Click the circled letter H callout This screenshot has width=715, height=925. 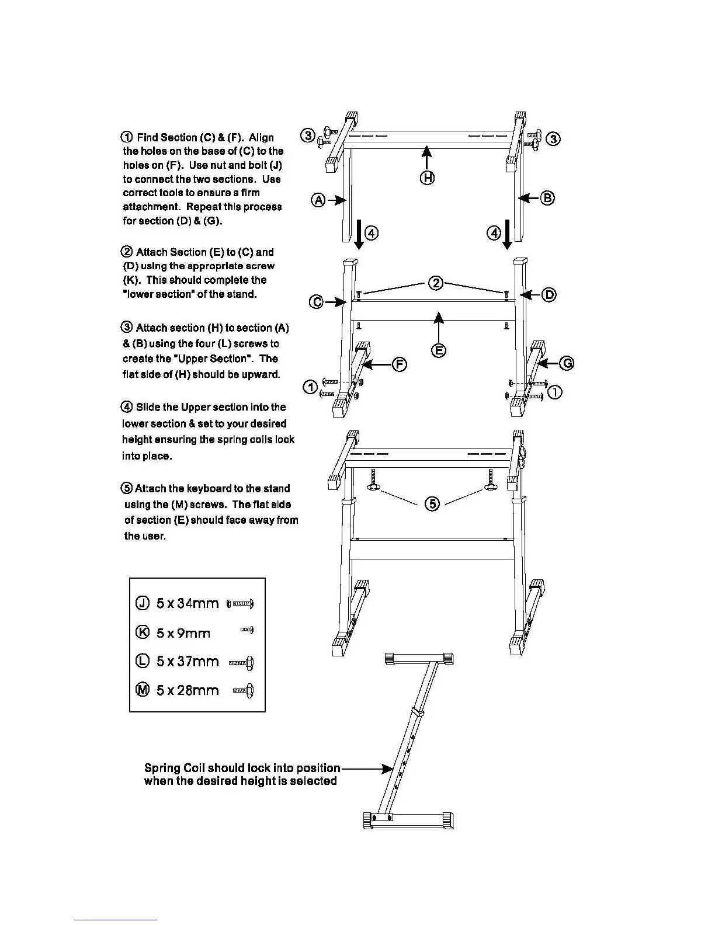(428, 178)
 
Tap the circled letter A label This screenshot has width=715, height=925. (318, 200)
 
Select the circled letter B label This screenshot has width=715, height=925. (547, 198)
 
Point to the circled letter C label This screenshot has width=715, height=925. (316, 302)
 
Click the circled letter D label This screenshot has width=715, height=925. (549, 295)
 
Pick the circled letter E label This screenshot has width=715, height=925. (439, 350)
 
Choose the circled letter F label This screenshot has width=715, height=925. (400, 364)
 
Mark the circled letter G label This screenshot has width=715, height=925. (567, 364)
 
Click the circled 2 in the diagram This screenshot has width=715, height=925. (436, 283)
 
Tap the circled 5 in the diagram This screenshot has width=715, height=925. (432, 503)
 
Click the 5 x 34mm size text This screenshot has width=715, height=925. (188, 603)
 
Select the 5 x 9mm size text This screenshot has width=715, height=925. (183, 633)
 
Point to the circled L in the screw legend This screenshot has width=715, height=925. (143, 662)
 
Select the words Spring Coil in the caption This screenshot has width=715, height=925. (174, 768)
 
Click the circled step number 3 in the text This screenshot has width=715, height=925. (127, 328)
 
